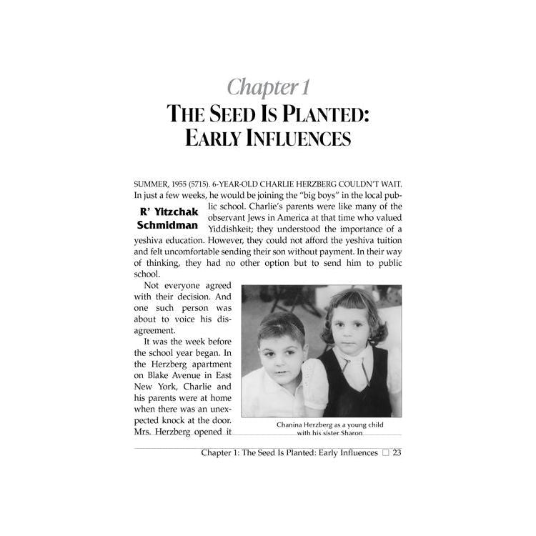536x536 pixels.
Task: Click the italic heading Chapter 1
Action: (x=268, y=87)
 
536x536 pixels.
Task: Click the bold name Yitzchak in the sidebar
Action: (x=174, y=212)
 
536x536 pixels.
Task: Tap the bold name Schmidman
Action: (x=167, y=225)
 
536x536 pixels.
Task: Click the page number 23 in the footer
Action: (x=397, y=452)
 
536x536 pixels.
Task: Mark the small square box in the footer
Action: (x=385, y=453)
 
